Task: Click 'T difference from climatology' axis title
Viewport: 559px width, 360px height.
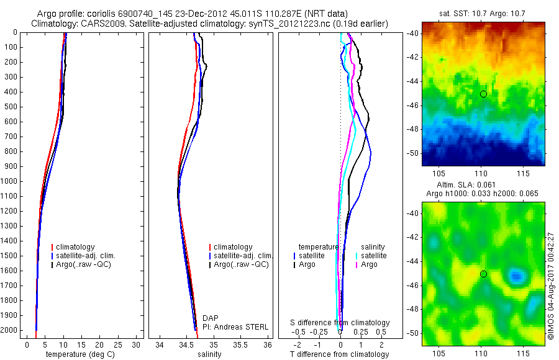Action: tap(339, 354)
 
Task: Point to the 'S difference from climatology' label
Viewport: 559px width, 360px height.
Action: tap(340, 323)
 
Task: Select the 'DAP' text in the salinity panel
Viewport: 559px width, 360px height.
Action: tap(211, 318)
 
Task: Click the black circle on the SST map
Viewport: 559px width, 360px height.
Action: tap(483, 94)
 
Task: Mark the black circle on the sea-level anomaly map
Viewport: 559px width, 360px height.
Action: tap(483, 274)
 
